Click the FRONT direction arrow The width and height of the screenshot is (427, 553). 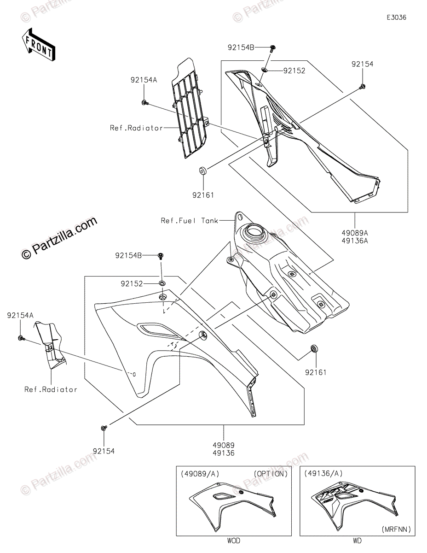coord(38,44)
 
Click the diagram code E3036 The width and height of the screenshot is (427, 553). coord(396,18)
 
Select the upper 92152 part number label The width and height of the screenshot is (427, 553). coord(294,71)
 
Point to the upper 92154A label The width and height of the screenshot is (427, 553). coord(144,80)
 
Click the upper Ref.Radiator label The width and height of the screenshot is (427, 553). coord(136,128)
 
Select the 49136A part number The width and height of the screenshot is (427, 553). coord(355,241)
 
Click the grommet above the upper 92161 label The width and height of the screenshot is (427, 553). coord(202,172)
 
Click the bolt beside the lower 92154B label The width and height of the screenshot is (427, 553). coord(162,256)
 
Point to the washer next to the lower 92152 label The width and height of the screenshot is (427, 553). coord(162,283)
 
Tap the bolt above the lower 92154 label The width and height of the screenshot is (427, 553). coord(103,429)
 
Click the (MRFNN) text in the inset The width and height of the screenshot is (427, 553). coord(396,529)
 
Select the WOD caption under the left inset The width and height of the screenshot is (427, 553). coord(233,541)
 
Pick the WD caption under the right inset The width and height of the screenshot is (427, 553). coord(357,541)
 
